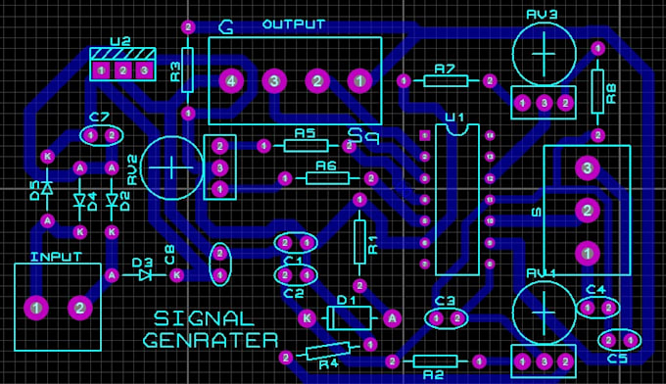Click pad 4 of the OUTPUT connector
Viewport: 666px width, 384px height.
pyautogui.click(x=230, y=80)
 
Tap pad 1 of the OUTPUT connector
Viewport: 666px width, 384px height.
pyautogui.click(x=360, y=80)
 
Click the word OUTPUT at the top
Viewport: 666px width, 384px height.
pyautogui.click(x=294, y=24)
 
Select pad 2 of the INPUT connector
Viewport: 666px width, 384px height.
pyautogui.click(x=79, y=309)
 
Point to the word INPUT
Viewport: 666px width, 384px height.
pyautogui.click(x=56, y=257)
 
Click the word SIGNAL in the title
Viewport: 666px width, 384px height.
pyautogui.click(x=204, y=318)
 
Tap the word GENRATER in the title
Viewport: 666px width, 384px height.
pyautogui.click(x=210, y=341)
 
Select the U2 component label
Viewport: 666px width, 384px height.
pyautogui.click(x=120, y=42)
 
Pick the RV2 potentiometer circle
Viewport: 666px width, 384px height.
pyautogui.click(x=172, y=168)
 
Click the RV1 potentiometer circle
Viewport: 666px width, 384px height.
pyautogui.click(x=542, y=312)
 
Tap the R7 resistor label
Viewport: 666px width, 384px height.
pyautogui.click(x=445, y=69)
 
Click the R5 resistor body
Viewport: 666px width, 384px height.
pyautogui.click(x=306, y=146)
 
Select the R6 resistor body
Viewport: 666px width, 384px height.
pyautogui.click(x=326, y=178)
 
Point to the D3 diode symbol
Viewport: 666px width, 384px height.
pyautogui.click(x=145, y=275)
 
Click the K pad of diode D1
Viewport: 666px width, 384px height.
pyautogui.click(x=307, y=317)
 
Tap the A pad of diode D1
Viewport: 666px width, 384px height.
pyautogui.click(x=391, y=317)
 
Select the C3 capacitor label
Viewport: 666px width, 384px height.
pyautogui.click(x=446, y=301)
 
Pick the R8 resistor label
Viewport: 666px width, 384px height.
pyautogui.click(x=612, y=93)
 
